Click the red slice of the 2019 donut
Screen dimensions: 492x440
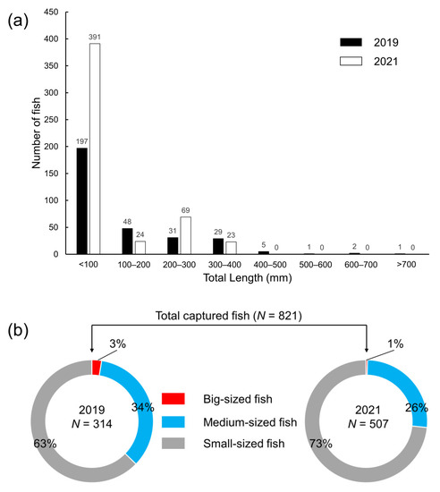[96, 367]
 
